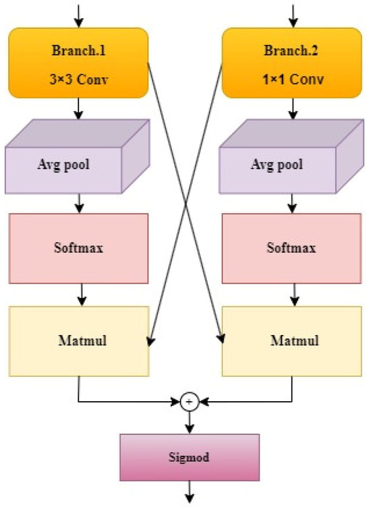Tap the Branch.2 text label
tap(293, 51)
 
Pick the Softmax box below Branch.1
tap(79, 247)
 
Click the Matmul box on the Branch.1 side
tap(79, 340)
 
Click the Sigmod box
tap(189, 456)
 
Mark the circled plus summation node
tap(189, 402)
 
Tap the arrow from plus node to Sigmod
tap(189, 421)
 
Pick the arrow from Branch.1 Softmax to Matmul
tap(80, 294)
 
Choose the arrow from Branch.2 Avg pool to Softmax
tap(293, 202)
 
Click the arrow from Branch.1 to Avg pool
tap(80, 109)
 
